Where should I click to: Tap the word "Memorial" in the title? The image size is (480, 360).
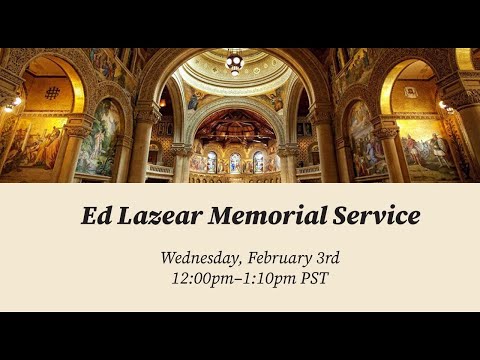coord(268,216)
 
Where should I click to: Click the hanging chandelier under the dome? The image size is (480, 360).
coord(235,62)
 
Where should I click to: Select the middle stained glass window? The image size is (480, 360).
coord(235,163)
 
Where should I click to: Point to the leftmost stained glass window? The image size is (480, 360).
coord(212,162)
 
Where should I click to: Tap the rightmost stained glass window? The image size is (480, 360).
coord(258,162)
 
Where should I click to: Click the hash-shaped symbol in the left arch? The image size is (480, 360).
coord(52,93)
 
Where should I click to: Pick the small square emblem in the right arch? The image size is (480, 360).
coord(409,92)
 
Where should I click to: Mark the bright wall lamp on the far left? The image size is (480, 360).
coord(17,101)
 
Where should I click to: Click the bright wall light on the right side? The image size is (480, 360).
coord(443,105)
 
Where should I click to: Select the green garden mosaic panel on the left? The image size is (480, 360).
coord(98,137)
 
